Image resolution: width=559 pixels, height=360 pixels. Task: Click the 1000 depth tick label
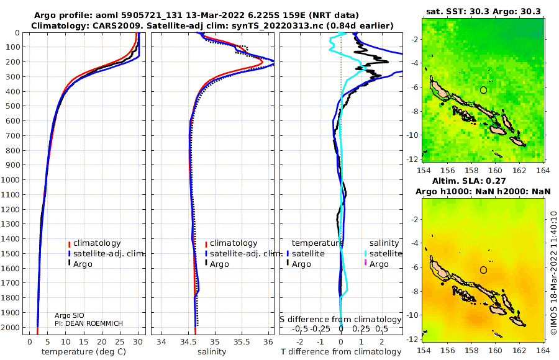[10, 179]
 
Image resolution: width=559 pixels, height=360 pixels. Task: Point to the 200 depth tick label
[12, 62]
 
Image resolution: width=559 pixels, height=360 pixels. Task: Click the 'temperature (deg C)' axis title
[84, 352]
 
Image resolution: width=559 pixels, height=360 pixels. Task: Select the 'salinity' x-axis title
[212, 352]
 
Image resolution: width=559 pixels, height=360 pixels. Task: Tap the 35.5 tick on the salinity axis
[242, 342]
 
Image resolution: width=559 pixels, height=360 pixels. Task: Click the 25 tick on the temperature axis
[120, 342]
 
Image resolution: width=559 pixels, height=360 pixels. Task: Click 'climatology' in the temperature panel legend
[97, 243]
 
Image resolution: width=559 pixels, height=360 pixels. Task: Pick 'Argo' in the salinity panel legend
[219, 264]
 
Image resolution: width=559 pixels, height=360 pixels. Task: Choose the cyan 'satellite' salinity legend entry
[386, 254]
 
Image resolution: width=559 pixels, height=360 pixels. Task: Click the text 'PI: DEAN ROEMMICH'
[89, 323]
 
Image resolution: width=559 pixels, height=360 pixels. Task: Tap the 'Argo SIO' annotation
[70, 315]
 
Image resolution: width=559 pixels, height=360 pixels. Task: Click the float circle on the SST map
[483, 90]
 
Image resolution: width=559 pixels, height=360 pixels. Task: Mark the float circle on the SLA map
[483, 270]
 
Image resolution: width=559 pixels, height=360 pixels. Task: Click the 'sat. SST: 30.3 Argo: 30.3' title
[483, 11]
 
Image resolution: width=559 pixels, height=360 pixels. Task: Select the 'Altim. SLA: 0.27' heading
[469, 181]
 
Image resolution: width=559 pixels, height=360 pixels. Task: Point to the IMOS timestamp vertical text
[553, 273]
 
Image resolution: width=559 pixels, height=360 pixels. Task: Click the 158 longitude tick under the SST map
[471, 170]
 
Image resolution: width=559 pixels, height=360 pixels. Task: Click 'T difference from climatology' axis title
[341, 352]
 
